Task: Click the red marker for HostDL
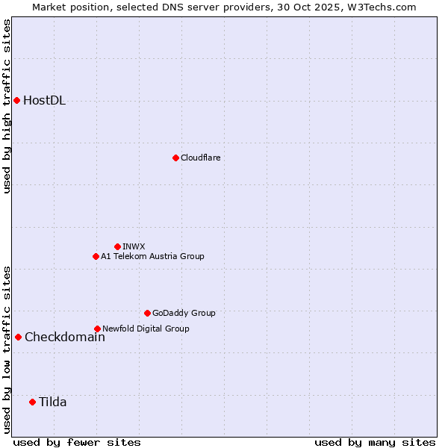[16, 100]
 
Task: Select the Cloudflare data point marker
[175, 158]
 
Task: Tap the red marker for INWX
[117, 246]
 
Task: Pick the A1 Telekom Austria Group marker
[96, 256]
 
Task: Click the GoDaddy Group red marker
[147, 313]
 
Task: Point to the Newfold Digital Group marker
[97, 329]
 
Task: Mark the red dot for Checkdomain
[18, 337]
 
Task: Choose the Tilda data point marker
[32, 402]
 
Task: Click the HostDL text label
[44, 101]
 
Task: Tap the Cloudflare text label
[200, 158]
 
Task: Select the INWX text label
[134, 246]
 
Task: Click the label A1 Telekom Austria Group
[152, 256]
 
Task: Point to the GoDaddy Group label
[184, 313]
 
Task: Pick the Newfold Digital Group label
[146, 329]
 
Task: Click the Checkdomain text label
[64, 337]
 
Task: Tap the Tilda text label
[52, 402]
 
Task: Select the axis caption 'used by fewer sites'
[77, 442]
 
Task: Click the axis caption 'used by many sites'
[375, 442]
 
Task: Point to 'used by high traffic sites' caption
[7, 106]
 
